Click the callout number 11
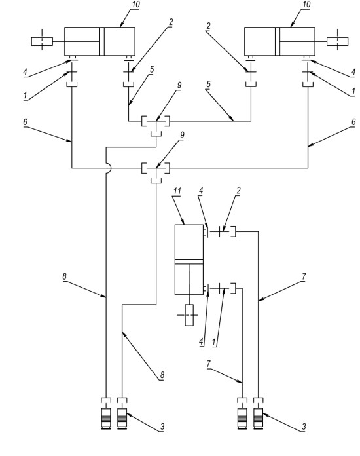click(177, 191)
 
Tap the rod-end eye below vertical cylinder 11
click(189, 315)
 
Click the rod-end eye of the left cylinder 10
click(42, 41)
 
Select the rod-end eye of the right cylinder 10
click(337, 41)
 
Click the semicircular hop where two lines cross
click(109, 168)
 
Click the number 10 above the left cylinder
click(135, 5)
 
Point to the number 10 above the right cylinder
click(306, 5)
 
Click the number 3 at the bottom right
click(304, 427)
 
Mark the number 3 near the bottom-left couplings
click(162, 427)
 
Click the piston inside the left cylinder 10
click(101, 41)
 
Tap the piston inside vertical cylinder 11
click(189, 261)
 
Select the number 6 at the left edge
click(26, 122)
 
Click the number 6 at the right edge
click(353, 122)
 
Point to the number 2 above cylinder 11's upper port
click(238, 191)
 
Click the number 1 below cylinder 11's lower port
click(215, 342)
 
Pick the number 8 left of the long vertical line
click(65, 276)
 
